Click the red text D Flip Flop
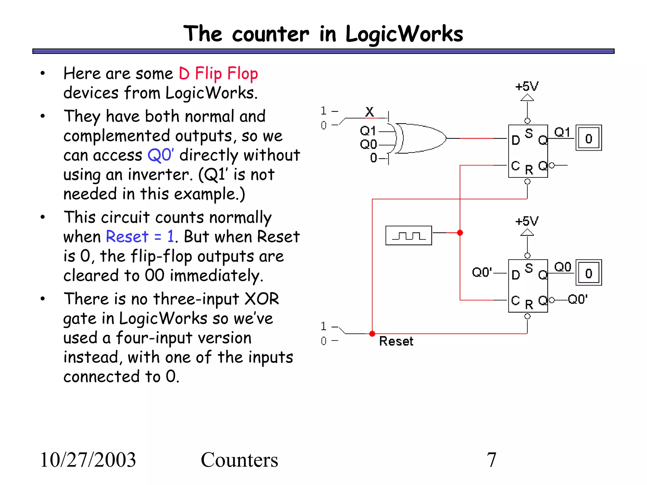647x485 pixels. (x=218, y=74)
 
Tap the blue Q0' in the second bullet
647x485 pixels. (x=160, y=155)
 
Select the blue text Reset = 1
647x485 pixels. (x=140, y=237)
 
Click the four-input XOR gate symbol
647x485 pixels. (x=420, y=138)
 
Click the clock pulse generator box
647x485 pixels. (x=408, y=236)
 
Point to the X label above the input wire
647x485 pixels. (x=369, y=112)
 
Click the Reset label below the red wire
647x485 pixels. (x=396, y=341)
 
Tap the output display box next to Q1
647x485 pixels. (x=589, y=138)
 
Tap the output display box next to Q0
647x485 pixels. (x=589, y=273)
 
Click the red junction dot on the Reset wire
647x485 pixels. (x=372, y=333)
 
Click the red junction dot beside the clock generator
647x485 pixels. (x=460, y=233)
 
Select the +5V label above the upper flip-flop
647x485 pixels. (x=527, y=86)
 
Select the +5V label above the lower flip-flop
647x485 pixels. (x=527, y=221)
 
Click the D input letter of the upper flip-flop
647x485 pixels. (x=516, y=140)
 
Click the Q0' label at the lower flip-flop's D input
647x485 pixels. (x=482, y=272)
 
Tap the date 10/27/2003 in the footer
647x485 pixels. (x=88, y=460)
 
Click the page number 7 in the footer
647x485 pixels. (x=491, y=460)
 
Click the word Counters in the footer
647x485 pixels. (x=239, y=460)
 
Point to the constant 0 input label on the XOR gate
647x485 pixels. (x=374, y=158)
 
